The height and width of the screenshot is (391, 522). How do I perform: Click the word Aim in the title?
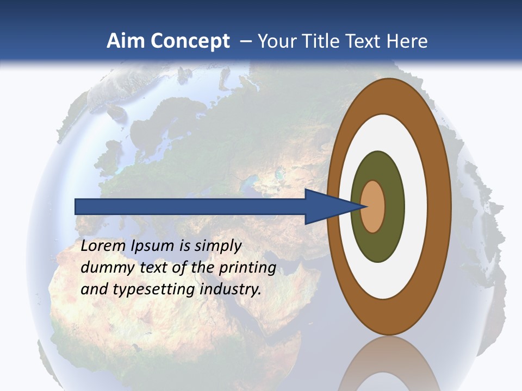pos(126,41)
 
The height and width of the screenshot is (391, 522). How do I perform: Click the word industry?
pos(231,289)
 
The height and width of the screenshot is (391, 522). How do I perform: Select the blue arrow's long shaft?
pos(190,206)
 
